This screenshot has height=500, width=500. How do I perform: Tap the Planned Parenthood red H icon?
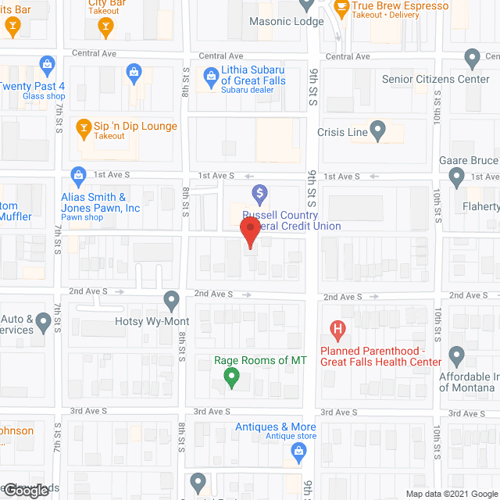tap(338, 329)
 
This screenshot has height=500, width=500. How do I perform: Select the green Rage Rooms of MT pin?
tap(231, 378)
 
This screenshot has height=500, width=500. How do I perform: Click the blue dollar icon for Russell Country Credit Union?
tap(260, 193)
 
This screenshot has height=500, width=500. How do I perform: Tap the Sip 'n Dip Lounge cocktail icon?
tap(84, 127)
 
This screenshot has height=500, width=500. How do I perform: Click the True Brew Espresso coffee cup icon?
tap(341, 7)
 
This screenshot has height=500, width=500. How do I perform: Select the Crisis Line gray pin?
tap(378, 131)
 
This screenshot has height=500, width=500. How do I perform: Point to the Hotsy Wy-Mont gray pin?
tap(172, 301)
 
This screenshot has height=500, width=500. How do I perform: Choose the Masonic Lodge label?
tap(286, 21)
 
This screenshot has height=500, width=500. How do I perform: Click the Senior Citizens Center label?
tap(436, 79)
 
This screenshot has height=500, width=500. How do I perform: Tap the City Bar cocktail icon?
tap(105, 28)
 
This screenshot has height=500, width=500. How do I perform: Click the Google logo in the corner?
tap(28, 490)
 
